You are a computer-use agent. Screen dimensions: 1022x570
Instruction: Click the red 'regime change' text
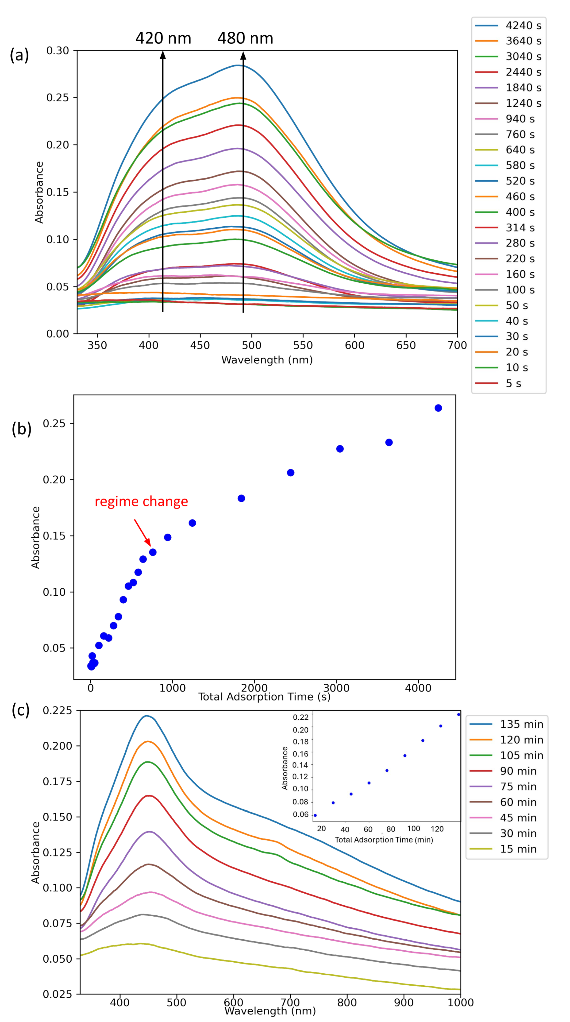[141, 501]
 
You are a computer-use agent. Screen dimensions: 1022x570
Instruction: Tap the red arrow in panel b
[142, 532]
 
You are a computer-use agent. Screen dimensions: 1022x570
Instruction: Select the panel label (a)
[19, 55]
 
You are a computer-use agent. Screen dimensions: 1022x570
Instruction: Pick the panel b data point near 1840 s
[241, 498]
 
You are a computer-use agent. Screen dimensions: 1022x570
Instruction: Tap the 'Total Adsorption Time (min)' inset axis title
[384, 840]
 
